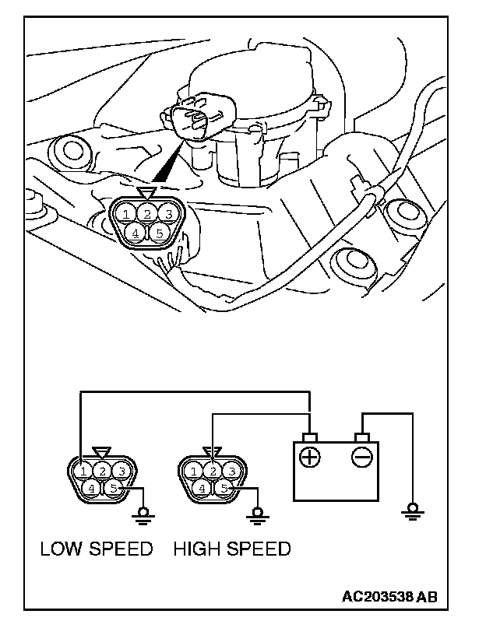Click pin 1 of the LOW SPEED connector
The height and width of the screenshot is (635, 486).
83,470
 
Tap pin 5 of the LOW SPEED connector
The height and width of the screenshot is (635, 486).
113,489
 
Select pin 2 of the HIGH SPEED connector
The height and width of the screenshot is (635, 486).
213,470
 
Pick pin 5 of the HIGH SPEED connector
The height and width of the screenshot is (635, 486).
224,489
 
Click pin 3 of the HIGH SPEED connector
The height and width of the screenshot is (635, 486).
231,470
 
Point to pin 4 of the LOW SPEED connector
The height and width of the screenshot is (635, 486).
93,489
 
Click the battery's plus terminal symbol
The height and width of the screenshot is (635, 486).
310,457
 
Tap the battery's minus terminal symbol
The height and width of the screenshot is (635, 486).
361,457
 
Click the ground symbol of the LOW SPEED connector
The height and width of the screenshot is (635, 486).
143,512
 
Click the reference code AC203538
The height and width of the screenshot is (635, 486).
378,598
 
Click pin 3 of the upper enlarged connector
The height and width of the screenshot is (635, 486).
167,212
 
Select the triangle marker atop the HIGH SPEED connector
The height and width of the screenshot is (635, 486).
211,452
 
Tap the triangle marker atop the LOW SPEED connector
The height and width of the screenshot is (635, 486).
102,452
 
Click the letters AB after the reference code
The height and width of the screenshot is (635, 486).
428,598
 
